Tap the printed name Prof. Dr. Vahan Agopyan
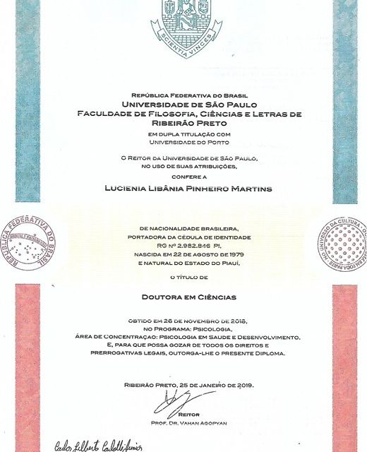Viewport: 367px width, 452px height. (190, 422)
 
